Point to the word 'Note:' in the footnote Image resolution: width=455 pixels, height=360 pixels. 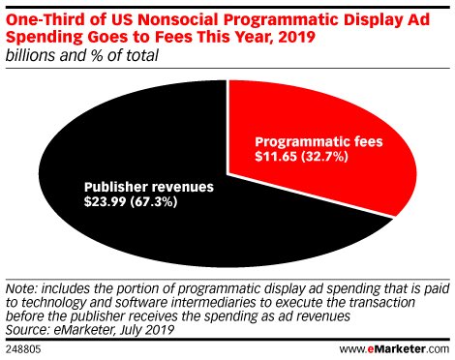23,287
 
